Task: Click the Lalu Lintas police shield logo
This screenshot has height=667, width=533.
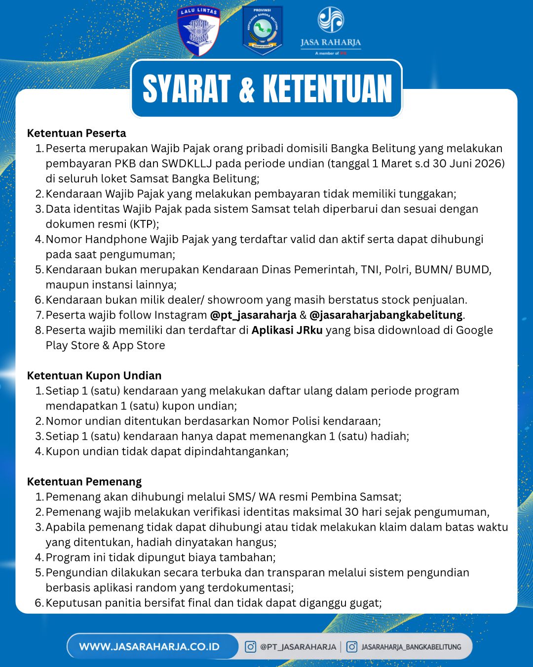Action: point(198,31)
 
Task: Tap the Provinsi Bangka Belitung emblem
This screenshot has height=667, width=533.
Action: point(263,30)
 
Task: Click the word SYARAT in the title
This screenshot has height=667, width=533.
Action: point(187,89)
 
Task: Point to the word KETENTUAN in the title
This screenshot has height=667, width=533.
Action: point(327,89)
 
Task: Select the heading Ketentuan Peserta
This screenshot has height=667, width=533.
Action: point(76,133)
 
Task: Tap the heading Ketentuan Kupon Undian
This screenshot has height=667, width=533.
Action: point(94,375)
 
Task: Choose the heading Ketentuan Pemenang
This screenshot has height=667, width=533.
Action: point(84,482)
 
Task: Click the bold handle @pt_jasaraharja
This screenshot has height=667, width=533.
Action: point(253,315)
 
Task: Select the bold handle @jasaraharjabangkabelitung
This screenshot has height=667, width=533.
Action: point(386,315)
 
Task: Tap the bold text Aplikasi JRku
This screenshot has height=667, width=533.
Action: point(287,331)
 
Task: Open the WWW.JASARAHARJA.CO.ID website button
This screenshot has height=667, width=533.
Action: point(149,647)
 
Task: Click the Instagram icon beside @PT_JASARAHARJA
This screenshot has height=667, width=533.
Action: point(251,647)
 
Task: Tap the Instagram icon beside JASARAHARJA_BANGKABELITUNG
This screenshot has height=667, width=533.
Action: point(352,647)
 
